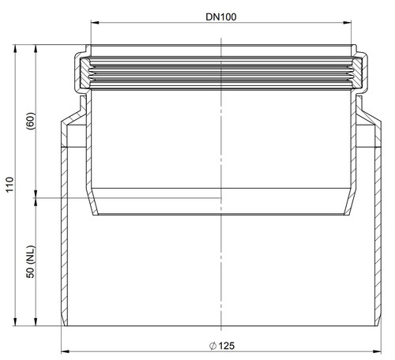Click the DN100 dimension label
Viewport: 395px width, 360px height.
[x=221, y=17]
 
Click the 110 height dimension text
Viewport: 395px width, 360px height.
[x=9, y=185]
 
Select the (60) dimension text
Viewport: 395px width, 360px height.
[x=31, y=121]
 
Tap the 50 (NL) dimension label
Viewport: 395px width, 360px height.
[x=31, y=261]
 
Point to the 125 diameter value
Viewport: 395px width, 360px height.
[x=227, y=346]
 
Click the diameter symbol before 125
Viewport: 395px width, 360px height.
[x=213, y=346]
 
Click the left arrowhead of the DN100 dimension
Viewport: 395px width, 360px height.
[x=95, y=23]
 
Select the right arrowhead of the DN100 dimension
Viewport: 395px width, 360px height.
[x=348, y=23]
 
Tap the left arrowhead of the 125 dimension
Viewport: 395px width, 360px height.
[x=65, y=351]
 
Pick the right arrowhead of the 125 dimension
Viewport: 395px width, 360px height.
[x=377, y=351]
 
